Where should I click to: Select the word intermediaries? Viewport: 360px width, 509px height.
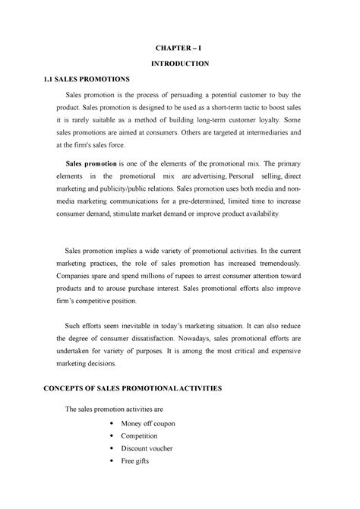pyautogui.click(x=266, y=134)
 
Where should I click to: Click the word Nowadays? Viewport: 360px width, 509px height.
pyautogui.click(x=223, y=337)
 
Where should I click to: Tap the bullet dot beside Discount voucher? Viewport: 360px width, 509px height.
pyautogui.click(x=113, y=449)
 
